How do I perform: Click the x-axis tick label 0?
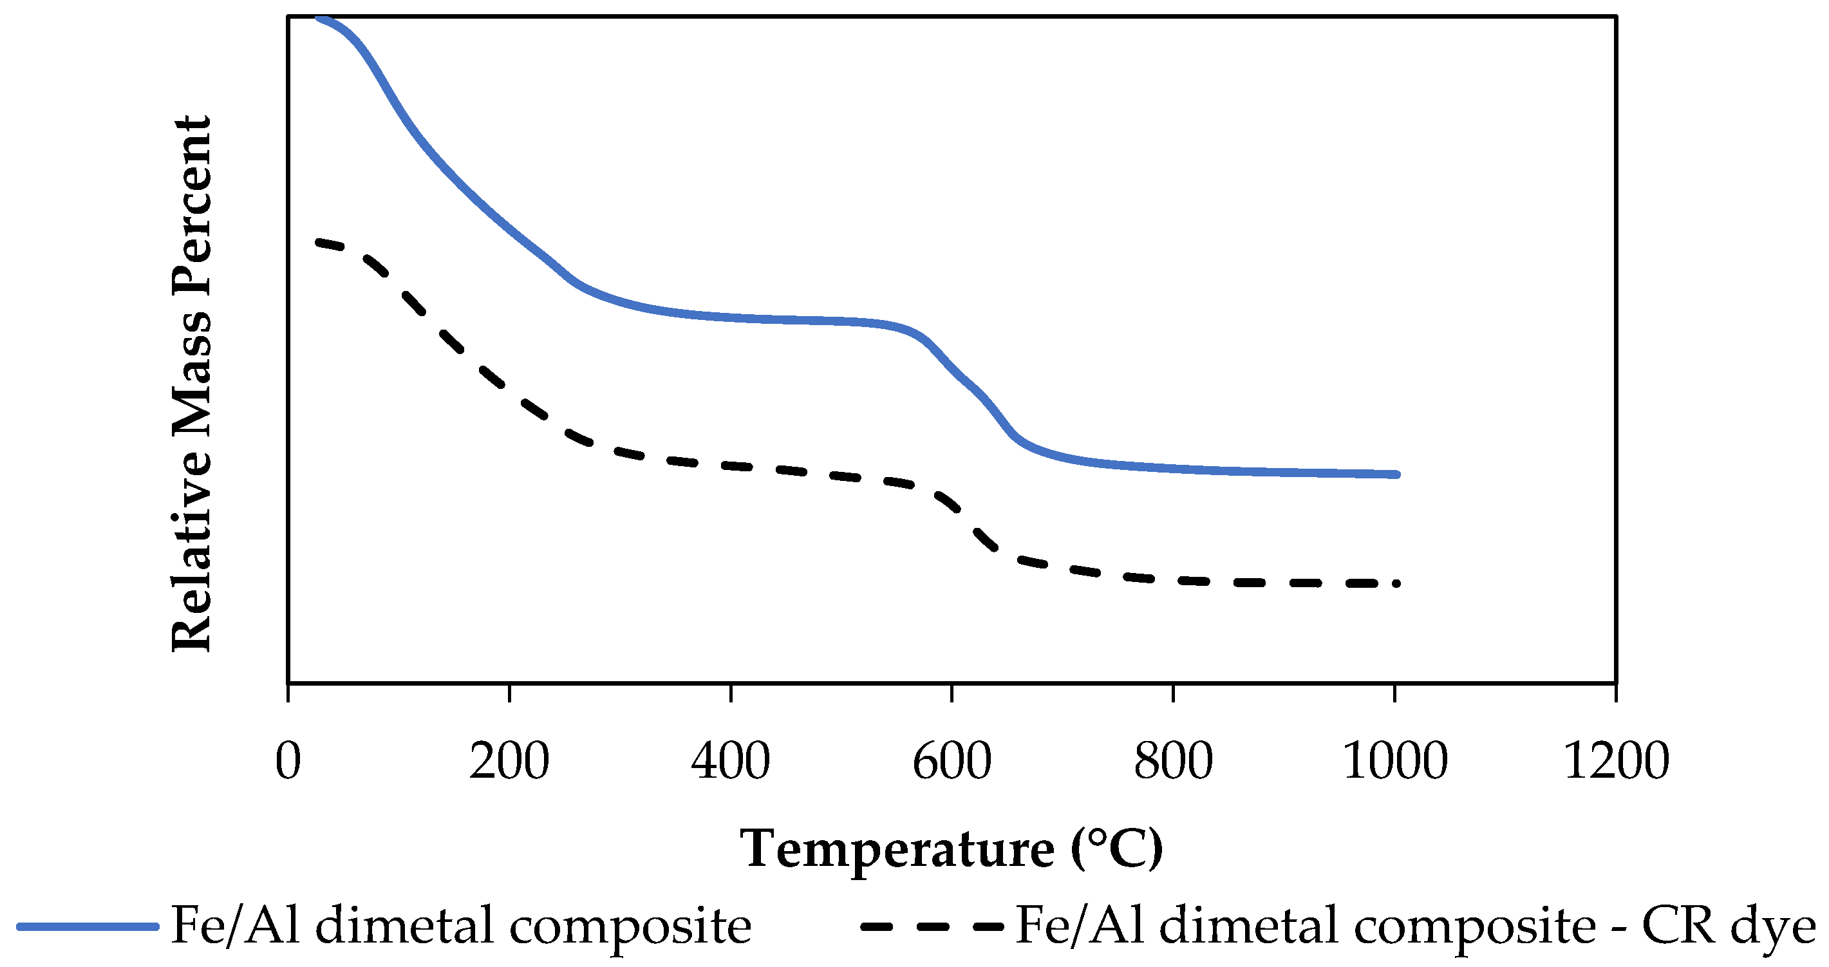(x=288, y=761)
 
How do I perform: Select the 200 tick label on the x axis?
(x=509, y=761)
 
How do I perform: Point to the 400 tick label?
(x=731, y=761)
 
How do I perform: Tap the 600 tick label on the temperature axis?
(x=952, y=761)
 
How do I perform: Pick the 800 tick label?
(x=1173, y=761)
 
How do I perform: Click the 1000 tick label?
(x=1394, y=761)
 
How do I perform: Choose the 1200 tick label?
(x=1616, y=761)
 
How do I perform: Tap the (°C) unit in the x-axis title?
(x=1117, y=849)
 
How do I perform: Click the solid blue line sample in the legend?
(x=87, y=926)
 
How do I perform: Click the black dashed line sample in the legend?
(x=932, y=926)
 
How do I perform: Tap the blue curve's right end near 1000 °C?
(x=1395, y=474)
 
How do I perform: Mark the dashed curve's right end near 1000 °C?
(x=1395, y=583)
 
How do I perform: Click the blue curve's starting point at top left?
(x=318, y=18)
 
